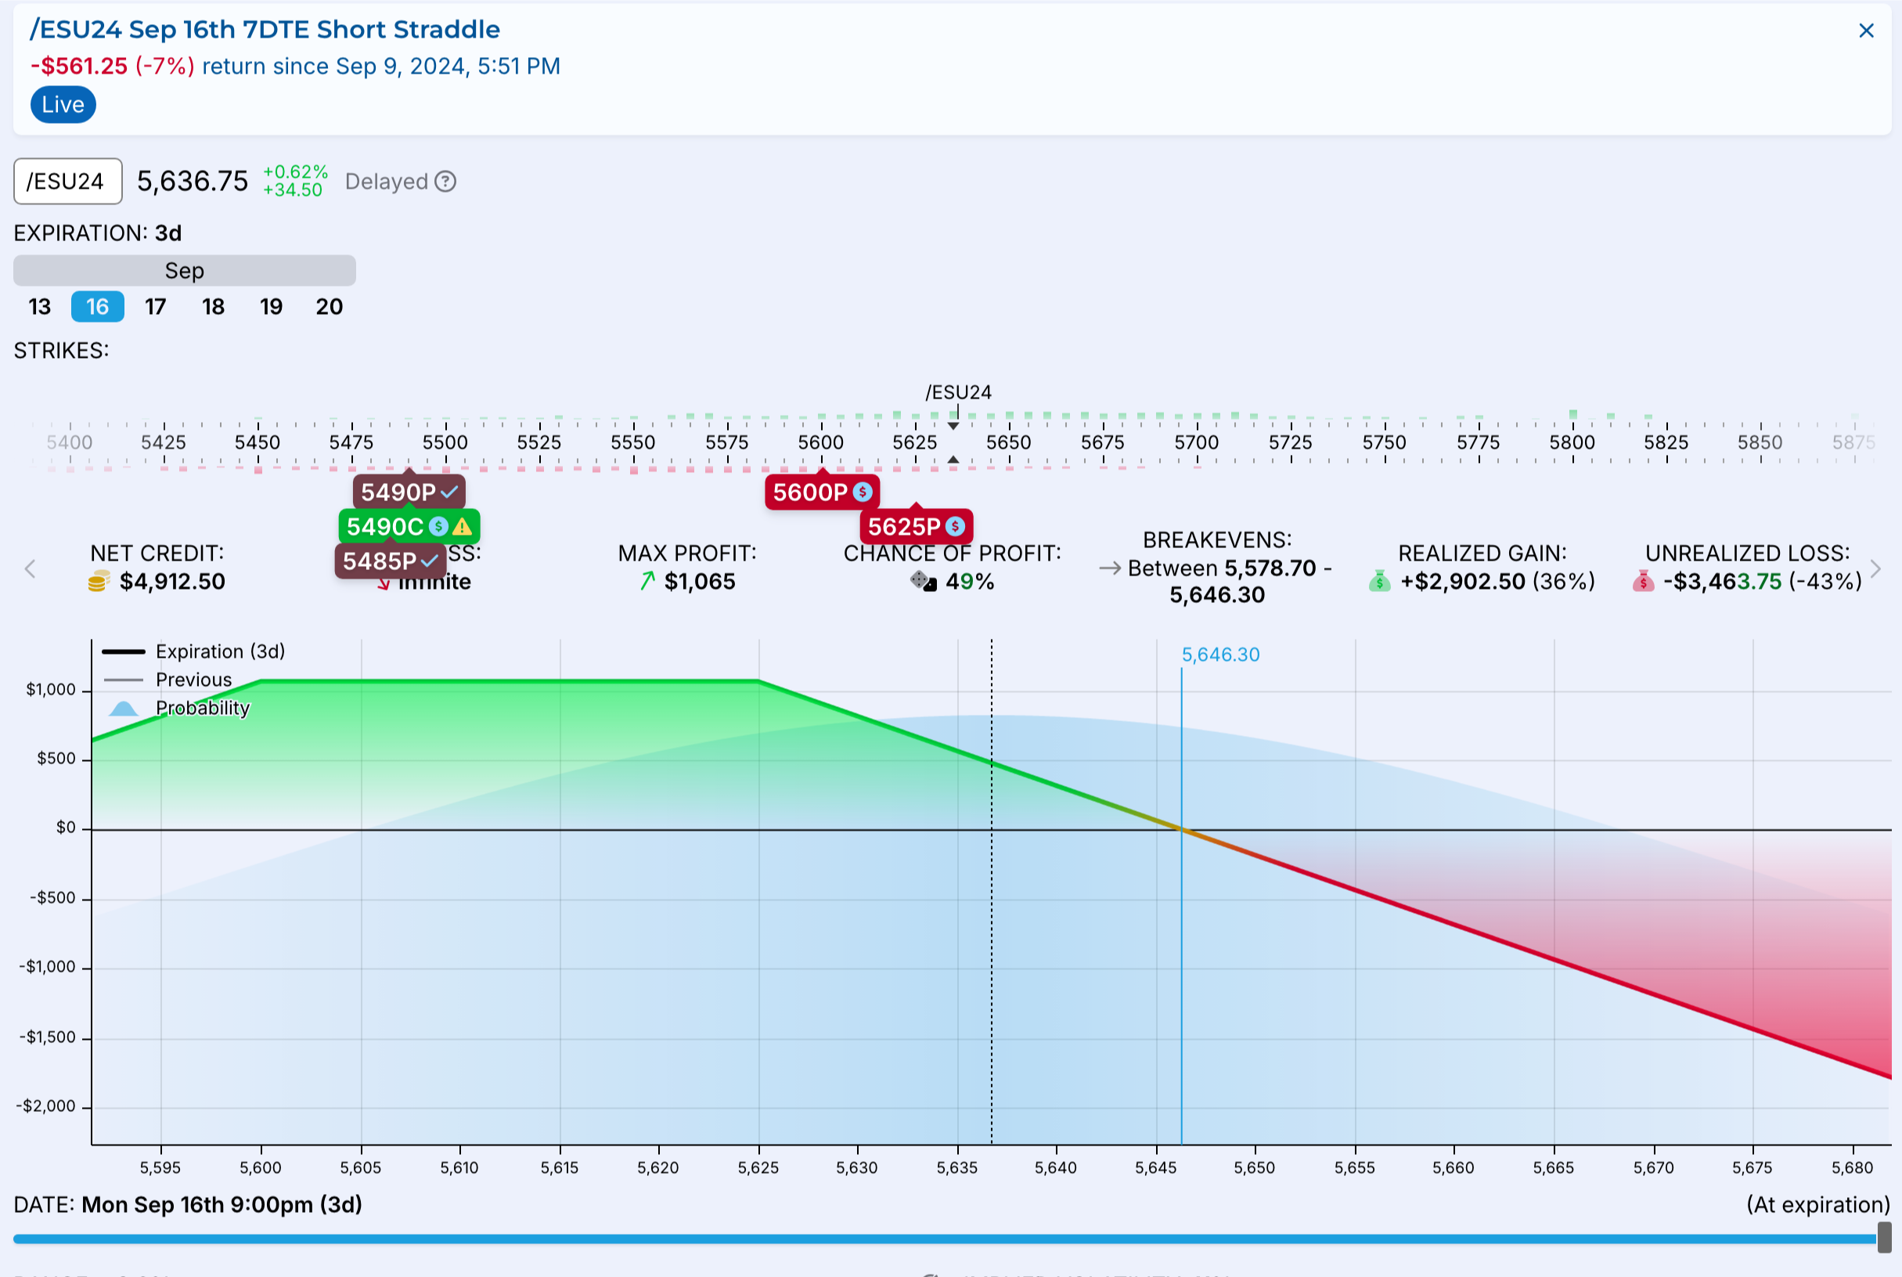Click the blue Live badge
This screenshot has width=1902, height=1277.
(63, 105)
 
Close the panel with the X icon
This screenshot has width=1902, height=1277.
(1866, 31)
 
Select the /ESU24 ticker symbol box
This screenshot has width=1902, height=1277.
(67, 181)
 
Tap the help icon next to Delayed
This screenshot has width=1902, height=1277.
(445, 181)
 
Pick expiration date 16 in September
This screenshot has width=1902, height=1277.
(98, 307)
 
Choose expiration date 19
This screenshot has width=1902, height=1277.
(271, 307)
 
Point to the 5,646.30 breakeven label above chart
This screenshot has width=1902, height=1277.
(1219, 655)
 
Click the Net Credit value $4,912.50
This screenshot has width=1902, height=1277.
(171, 582)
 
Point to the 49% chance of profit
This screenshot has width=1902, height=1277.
(969, 582)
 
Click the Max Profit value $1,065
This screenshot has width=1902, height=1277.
(700, 582)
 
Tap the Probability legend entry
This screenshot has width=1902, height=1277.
(202, 708)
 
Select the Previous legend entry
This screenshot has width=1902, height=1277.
(193, 680)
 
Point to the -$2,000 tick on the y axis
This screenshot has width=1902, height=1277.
(46, 1106)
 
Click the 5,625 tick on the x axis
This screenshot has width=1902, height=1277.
(758, 1167)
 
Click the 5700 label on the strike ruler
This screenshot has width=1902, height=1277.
(1196, 442)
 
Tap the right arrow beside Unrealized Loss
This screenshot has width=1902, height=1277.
(1876, 568)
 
